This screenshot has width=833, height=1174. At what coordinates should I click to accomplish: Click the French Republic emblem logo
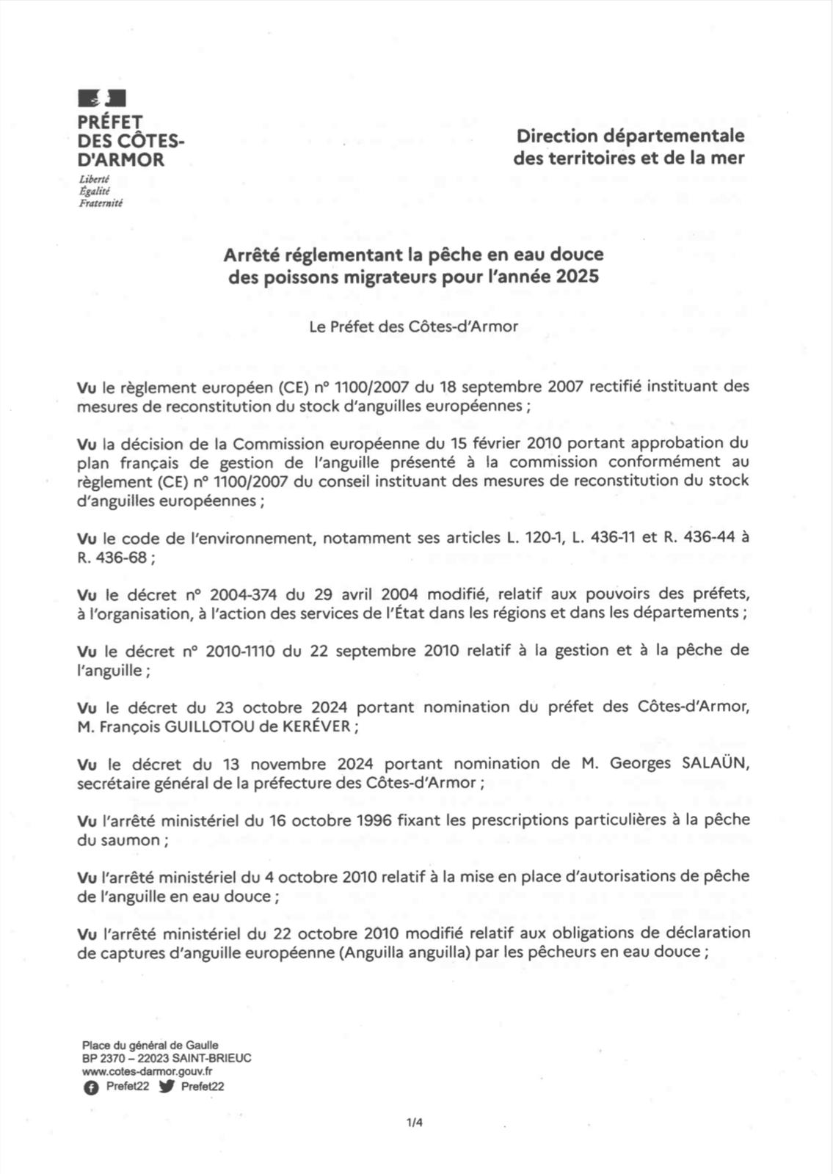pos(102,98)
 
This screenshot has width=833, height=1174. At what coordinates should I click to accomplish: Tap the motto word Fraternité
pos(101,203)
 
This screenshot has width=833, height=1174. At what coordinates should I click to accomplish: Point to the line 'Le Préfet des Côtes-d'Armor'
pos(413,327)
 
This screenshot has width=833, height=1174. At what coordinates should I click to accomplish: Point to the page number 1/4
pos(415,1122)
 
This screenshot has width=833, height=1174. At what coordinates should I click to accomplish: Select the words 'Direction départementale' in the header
pos(630,136)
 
